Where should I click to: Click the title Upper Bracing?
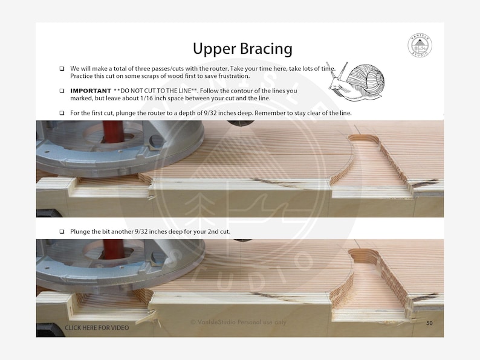point(242,48)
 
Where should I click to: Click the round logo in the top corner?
point(420,45)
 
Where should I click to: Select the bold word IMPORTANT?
point(91,91)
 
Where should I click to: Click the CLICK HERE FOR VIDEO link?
point(97,328)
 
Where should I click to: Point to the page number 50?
point(429,324)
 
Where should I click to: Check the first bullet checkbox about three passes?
point(62,69)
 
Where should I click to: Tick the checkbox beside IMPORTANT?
point(62,91)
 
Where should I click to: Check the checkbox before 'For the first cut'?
point(62,113)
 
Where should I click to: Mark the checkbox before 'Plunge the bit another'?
point(62,232)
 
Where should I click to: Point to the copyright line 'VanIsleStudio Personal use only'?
point(238,323)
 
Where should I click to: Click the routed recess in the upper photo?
point(369,163)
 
